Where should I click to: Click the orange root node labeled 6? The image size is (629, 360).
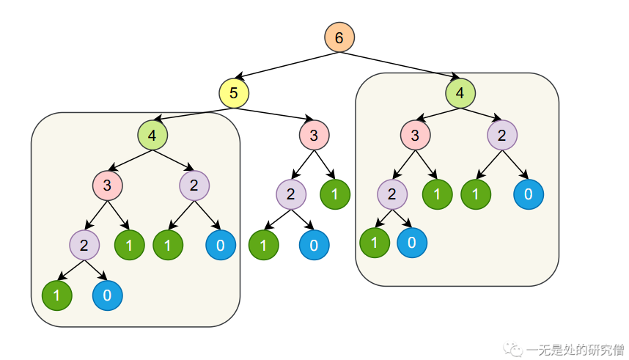click(339, 37)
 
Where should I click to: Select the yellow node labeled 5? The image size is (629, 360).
click(234, 93)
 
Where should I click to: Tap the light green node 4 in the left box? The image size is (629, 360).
click(152, 135)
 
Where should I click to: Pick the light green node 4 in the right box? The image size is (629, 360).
click(460, 93)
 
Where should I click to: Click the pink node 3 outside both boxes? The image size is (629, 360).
click(314, 135)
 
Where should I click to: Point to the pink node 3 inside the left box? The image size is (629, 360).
click(107, 185)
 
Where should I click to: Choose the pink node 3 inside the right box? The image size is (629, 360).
click(416, 135)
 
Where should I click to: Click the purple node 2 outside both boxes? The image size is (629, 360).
click(291, 194)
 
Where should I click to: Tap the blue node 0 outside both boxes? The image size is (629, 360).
click(314, 245)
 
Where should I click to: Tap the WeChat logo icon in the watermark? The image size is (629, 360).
click(515, 349)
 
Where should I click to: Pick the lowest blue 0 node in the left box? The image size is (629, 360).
click(107, 295)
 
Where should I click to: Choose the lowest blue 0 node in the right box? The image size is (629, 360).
click(412, 243)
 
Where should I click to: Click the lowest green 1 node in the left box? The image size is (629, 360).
click(56, 295)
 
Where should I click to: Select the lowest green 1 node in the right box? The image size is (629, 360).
click(374, 243)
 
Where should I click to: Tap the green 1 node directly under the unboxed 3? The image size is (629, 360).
click(335, 194)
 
